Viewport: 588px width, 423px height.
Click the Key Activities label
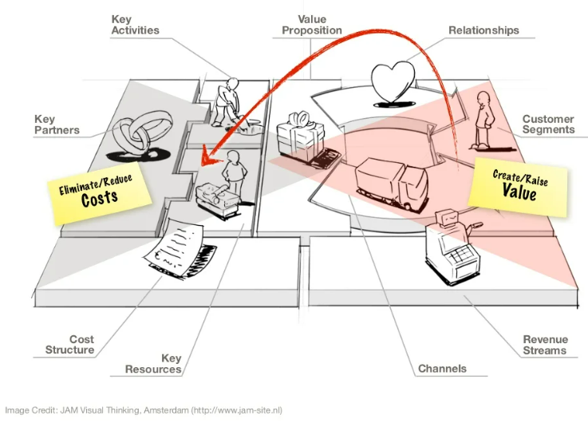pos(135,24)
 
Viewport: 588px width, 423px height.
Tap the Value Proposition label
pos(312,25)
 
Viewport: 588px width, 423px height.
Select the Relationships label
pos(483,30)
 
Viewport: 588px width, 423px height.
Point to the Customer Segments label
pos(548,125)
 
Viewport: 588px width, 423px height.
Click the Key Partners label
pos(56,125)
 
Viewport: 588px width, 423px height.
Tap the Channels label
pos(442,369)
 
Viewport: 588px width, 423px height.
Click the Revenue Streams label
pos(545,345)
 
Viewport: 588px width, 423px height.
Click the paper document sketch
pos(180,245)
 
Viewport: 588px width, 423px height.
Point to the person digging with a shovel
pos(229,103)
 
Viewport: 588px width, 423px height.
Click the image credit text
pos(144,410)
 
